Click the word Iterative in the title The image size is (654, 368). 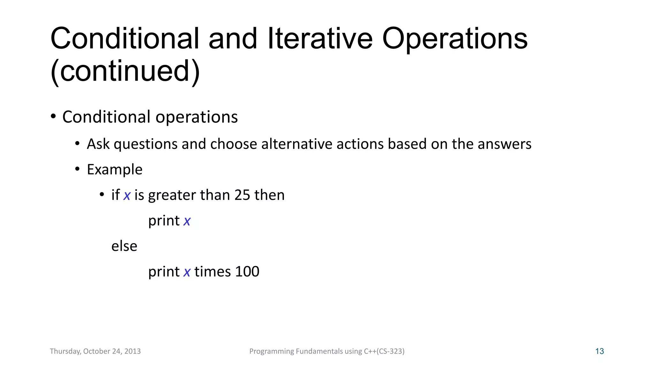[320, 39]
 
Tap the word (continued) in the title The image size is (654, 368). [125, 71]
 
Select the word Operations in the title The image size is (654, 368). [454, 39]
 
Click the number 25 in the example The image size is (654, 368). [242, 195]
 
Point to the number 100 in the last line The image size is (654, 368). [247, 272]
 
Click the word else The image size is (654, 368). [124, 246]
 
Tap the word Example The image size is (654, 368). [115, 169]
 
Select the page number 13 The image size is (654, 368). [599, 351]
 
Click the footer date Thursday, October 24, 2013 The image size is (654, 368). [95, 351]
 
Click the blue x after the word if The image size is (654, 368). [127, 195]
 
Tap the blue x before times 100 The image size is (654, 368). [187, 272]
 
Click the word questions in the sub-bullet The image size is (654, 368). [145, 144]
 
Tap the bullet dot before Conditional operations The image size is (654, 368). [53, 116]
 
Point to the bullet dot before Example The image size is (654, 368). [77, 169]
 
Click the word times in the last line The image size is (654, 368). [212, 272]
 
